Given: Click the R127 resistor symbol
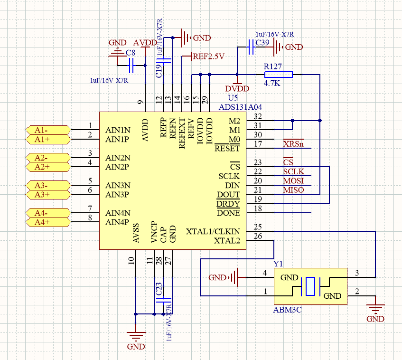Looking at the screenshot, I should [x=279, y=75].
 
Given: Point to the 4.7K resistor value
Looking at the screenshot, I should [x=272, y=84].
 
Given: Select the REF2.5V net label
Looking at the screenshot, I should [x=208, y=56].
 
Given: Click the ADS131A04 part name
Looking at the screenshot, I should [x=240, y=107].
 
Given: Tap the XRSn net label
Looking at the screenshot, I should [x=293, y=144].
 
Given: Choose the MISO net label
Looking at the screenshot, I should [x=293, y=190].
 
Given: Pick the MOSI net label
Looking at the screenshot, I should [x=293, y=181].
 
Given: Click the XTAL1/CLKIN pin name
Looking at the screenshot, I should [x=213, y=232].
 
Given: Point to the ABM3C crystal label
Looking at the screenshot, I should [x=288, y=310].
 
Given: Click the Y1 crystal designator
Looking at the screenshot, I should [x=278, y=264].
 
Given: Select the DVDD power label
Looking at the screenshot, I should [x=237, y=88].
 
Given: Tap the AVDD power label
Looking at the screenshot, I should [x=145, y=43].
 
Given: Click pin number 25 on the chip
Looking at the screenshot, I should [x=258, y=227].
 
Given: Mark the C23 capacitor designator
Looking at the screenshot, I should [x=159, y=290].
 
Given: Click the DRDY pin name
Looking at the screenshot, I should [x=228, y=204].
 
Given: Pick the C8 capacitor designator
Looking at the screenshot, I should [x=130, y=53].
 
